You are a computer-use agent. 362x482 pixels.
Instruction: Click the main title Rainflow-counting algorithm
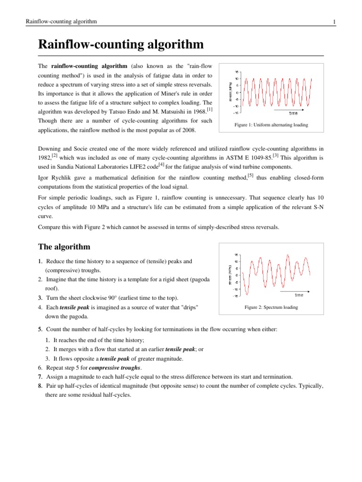pyautogui.click(x=121, y=45)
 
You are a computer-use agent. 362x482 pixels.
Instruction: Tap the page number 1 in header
pyautogui.click(x=334, y=22)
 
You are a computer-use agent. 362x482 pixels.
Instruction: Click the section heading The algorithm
pyautogui.click(x=64, y=247)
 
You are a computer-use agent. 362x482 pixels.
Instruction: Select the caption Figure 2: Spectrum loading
pyautogui.click(x=271, y=307)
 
